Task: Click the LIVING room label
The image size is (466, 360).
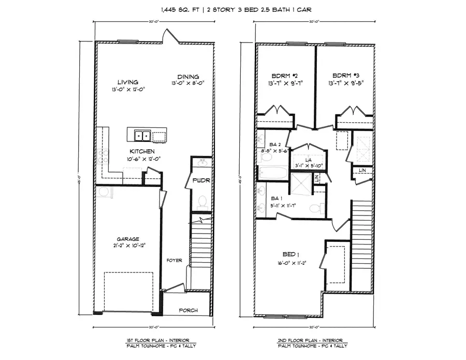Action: pyautogui.click(x=127, y=82)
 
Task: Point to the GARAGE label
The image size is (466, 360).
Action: pyautogui.click(x=127, y=239)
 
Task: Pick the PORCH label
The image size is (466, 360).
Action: pyautogui.click(x=188, y=310)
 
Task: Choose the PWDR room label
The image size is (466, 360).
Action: pyautogui.click(x=200, y=181)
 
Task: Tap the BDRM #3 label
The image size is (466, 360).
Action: pyautogui.click(x=345, y=74)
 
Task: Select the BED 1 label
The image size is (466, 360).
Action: pyautogui.click(x=290, y=255)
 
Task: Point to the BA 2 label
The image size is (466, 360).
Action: pyautogui.click(x=275, y=145)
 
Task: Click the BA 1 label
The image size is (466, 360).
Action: pyautogui.click(x=276, y=198)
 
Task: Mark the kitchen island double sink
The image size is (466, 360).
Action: pyautogui.click(x=141, y=136)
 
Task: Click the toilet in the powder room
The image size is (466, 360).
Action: pyautogui.click(x=202, y=201)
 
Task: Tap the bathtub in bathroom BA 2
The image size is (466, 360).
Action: pyautogui.click(x=272, y=172)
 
